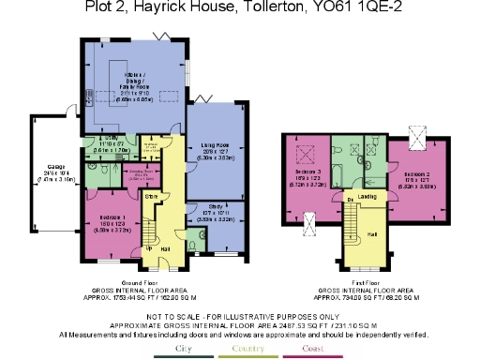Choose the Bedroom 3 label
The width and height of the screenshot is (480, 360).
[x=308, y=174]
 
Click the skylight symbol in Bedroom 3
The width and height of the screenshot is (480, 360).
[x=304, y=157]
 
